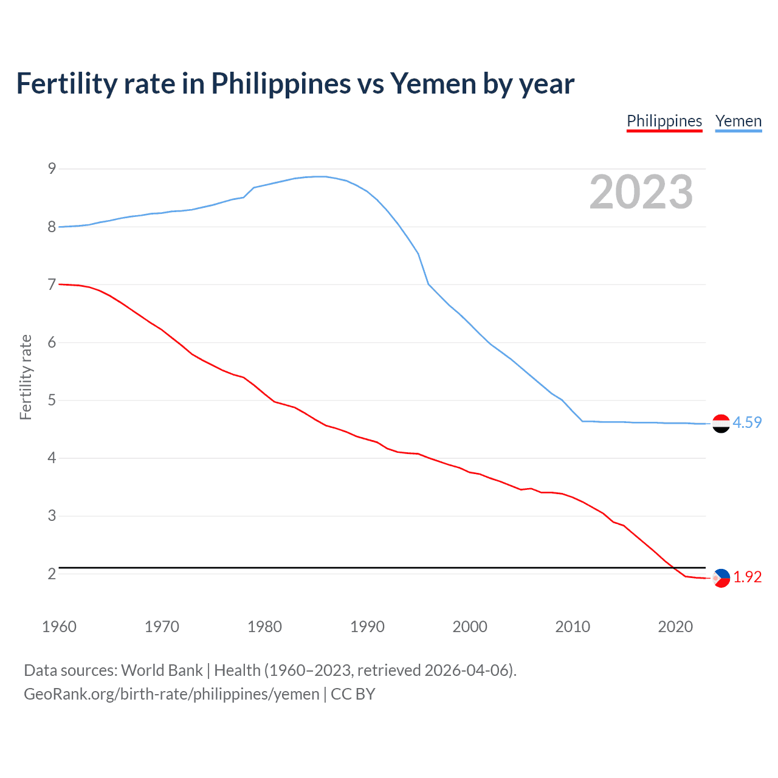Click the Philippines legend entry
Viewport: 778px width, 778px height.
pyautogui.click(x=664, y=121)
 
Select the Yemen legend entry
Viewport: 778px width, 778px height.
pyautogui.click(x=738, y=121)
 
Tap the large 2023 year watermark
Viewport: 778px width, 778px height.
pyautogui.click(x=641, y=192)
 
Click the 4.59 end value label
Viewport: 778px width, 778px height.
pyautogui.click(x=747, y=422)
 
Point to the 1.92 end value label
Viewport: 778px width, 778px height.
pyautogui.click(x=747, y=577)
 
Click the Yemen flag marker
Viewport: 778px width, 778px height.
pyautogui.click(x=721, y=424)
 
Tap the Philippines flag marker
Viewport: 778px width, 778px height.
pyautogui.click(x=721, y=578)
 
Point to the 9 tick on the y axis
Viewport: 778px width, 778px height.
pyautogui.click(x=52, y=168)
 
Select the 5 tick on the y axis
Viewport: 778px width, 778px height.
pyautogui.click(x=52, y=400)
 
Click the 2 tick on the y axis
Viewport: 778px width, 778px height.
pyautogui.click(x=52, y=574)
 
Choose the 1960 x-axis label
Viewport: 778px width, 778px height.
pyautogui.click(x=59, y=627)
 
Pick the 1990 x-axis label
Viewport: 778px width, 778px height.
pyautogui.click(x=367, y=627)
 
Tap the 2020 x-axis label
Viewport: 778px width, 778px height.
pyautogui.click(x=675, y=627)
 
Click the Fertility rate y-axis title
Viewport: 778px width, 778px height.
pyautogui.click(x=26, y=377)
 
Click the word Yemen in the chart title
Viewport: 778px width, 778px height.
pyautogui.click(x=433, y=83)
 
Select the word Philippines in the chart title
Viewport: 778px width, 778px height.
pyautogui.click(x=281, y=83)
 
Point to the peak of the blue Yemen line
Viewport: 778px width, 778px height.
pyautogui.click(x=321, y=176)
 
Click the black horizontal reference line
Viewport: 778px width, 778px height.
pyautogui.click(x=365, y=568)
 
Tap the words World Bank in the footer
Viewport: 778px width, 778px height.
pyautogui.click(x=162, y=670)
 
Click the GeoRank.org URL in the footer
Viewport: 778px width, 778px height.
pyautogui.click(x=171, y=694)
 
